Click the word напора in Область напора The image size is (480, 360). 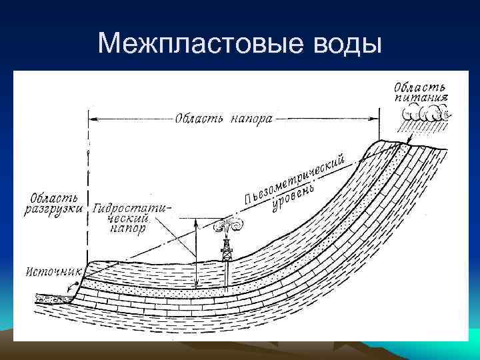point(251,121)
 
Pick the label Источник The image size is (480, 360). point(54,271)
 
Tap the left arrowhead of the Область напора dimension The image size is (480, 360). point(94,120)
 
